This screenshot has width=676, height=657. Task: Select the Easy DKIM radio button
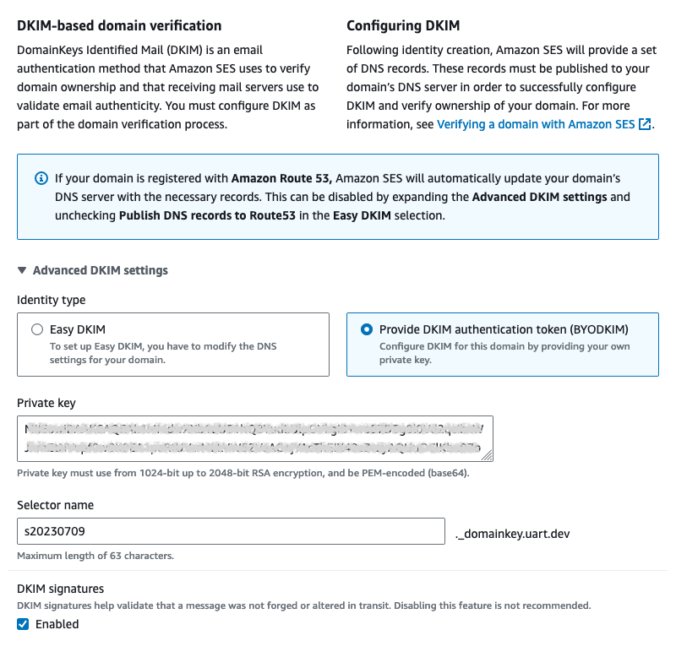(x=36, y=330)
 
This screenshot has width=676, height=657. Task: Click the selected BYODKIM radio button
(x=367, y=330)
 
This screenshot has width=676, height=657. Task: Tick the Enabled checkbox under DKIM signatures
(x=24, y=625)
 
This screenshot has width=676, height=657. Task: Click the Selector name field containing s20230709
(x=231, y=532)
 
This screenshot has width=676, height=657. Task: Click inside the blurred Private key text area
(x=254, y=438)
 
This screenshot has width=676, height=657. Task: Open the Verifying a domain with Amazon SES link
(x=537, y=124)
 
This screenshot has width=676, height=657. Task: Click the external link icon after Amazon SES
(x=646, y=124)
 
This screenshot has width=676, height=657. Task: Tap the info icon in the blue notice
(x=41, y=179)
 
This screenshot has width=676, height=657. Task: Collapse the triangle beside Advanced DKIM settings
(x=22, y=271)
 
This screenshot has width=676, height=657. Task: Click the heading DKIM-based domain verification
(x=119, y=26)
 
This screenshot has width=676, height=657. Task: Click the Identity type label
(x=51, y=300)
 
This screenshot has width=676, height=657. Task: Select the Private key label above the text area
(x=46, y=403)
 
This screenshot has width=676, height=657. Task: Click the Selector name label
(x=55, y=505)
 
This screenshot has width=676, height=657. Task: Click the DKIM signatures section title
(x=60, y=589)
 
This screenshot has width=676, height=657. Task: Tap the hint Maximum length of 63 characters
(x=95, y=556)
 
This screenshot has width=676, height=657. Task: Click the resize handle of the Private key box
(x=487, y=455)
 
